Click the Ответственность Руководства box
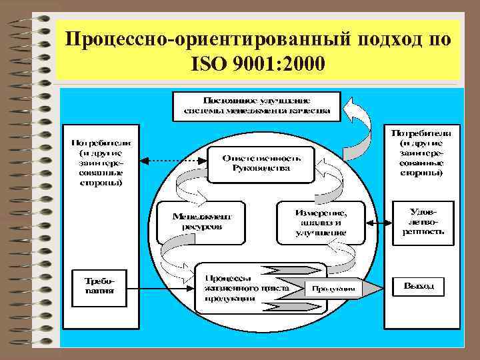261,163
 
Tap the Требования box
97,285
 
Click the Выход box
421,287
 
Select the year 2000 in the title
302,65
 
